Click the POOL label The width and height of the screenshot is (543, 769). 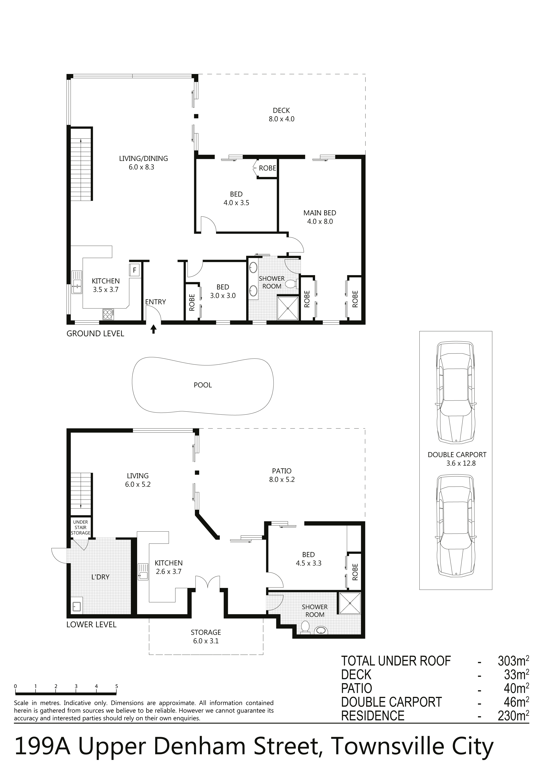click(203, 385)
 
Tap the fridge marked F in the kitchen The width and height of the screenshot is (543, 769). click(134, 270)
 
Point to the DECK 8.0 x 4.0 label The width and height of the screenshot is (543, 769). click(282, 115)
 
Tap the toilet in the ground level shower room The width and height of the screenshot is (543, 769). click(291, 284)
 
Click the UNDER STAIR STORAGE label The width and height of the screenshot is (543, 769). click(81, 527)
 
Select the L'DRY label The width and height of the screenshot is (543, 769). click(100, 577)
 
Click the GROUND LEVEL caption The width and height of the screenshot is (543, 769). click(95, 334)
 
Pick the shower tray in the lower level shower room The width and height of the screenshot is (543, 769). click(350, 603)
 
